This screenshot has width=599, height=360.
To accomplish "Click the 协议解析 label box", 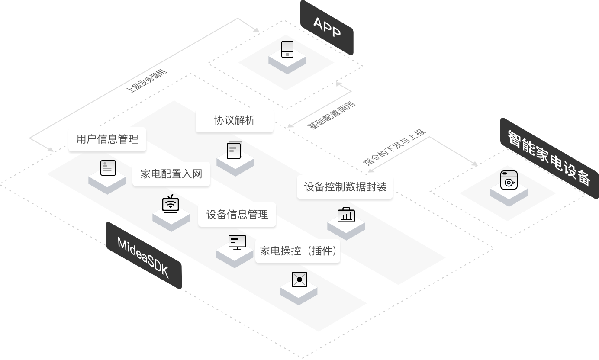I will tap(235, 120).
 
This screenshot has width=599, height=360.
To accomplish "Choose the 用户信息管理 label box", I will tap(107, 139).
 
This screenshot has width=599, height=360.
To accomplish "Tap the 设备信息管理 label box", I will tap(237, 214).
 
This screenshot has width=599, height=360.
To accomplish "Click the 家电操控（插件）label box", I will tap(298, 251).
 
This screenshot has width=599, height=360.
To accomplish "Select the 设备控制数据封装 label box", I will tap(345, 187).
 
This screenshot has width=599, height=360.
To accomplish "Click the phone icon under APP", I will tap(287, 49).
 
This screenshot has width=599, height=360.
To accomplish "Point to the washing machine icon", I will tap(509, 180).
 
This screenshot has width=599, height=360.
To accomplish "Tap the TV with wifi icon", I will tap(171, 204).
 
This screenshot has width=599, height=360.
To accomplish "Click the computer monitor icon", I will tap(237, 242).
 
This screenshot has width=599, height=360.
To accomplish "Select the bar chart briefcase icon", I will tap(346, 214).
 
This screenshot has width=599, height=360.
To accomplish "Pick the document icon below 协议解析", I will tap(235, 151).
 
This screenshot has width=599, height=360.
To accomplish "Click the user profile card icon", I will tap(108, 167).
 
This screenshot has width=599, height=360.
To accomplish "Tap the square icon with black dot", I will tap(299, 279).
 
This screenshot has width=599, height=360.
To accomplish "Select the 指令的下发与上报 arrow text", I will tap(394, 147).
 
